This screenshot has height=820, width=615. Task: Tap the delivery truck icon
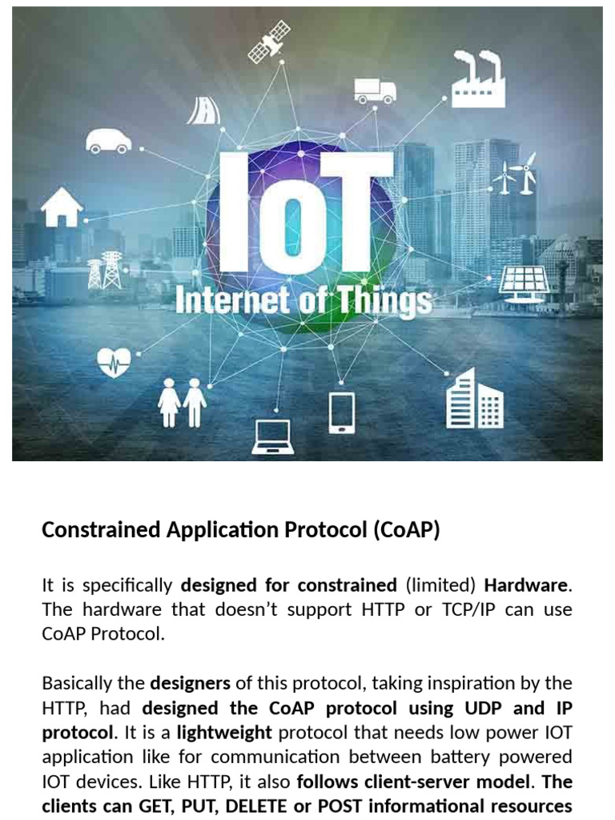click(x=375, y=90)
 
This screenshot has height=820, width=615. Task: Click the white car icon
click(x=109, y=140)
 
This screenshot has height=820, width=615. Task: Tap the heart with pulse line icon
click(x=114, y=362)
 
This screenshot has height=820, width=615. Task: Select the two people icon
click(x=182, y=402)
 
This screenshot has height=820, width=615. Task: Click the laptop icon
click(x=272, y=436)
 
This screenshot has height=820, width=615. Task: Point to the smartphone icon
click(x=341, y=412)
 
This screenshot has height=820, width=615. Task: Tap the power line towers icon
click(x=105, y=271)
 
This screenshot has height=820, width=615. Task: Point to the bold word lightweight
click(x=224, y=732)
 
